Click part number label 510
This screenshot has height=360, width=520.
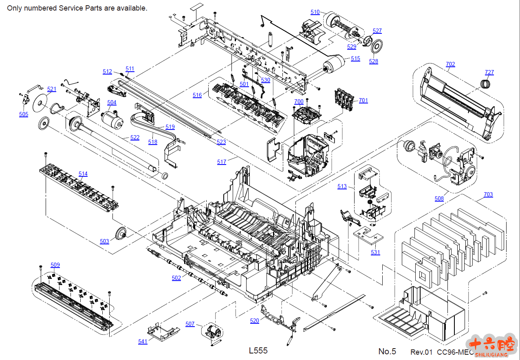pyautogui.click(x=315, y=12)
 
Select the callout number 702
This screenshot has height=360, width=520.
pyautogui.click(x=450, y=64)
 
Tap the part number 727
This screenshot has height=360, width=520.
pyautogui.click(x=489, y=72)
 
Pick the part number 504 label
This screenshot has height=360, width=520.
pyautogui.click(x=112, y=102)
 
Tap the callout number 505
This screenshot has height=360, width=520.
pyautogui.click(x=24, y=114)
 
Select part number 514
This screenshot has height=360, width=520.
pyautogui.click(x=83, y=174)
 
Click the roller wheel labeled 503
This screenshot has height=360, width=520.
pyautogui.click(x=121, y=234)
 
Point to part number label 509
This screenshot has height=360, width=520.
pyautogui.click(x=55, y=265)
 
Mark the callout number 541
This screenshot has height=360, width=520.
pyautogui.click(x=143, y=342)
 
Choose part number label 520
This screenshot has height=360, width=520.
pyautogui.click(x=254, y=321)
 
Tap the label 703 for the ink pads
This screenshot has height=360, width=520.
pyautogui.click(x=488, y=195)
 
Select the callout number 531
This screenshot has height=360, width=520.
pyautogui.click(x=375, y=252)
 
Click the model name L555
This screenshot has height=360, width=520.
pyautogui.click(x=258, y=351)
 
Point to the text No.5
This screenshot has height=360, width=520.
pyautogui.click(x=387, y=351)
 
